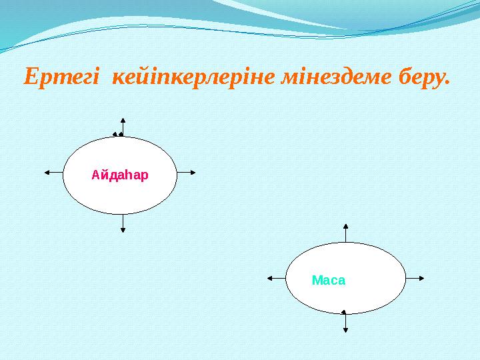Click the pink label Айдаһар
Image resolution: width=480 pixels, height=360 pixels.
coord(120,176)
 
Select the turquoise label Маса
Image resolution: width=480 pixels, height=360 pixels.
coord(329,281)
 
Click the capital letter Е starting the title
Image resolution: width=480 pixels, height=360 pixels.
coord(30,78)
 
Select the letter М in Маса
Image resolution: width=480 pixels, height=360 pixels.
coord(317,281)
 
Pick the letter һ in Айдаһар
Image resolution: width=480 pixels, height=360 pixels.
coord(129,176)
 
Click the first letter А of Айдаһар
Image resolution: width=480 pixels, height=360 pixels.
coord(95,176)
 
